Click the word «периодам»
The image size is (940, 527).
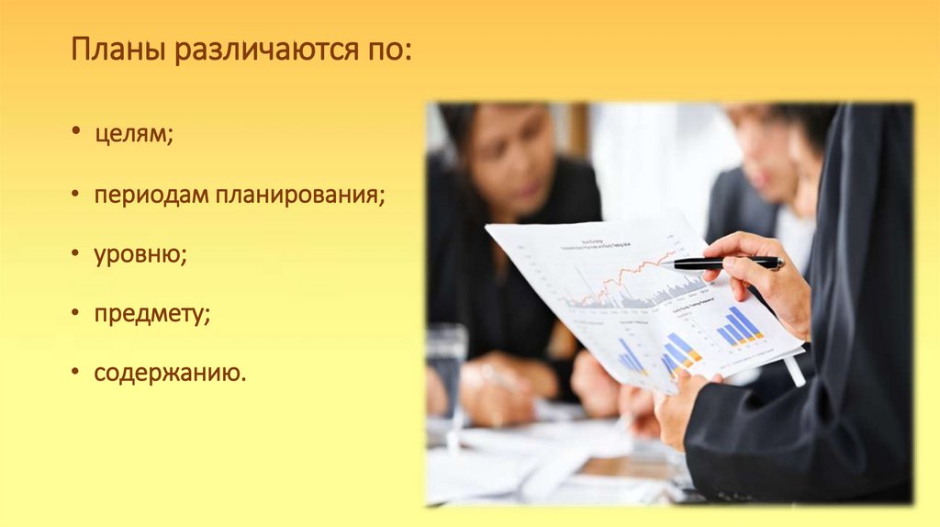tap(151, 195)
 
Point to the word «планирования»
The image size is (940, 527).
tap(299, 195)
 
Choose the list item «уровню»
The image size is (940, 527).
tap(139, 254)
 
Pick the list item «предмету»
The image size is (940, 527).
tap(151, 315)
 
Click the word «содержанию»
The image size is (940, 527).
tap(169, 374)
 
